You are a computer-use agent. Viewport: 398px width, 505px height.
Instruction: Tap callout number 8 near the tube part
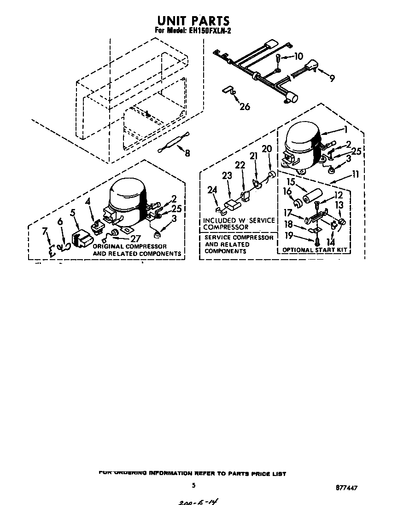pos(187,153)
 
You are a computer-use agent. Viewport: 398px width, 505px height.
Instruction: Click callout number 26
pos(245,106)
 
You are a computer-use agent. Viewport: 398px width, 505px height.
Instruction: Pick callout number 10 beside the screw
pos(298,57)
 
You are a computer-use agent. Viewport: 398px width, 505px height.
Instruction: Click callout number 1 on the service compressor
pos(344,130)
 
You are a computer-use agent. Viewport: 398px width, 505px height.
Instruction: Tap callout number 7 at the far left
pos(45,232)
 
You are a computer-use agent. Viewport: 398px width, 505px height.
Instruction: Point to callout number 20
pos(267,149)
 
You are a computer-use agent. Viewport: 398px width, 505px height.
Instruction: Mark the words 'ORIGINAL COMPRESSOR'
pos(130,247)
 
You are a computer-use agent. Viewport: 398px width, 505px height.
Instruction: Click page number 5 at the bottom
pos(194,485)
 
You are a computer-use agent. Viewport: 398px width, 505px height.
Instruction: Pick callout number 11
pos(356,174)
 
